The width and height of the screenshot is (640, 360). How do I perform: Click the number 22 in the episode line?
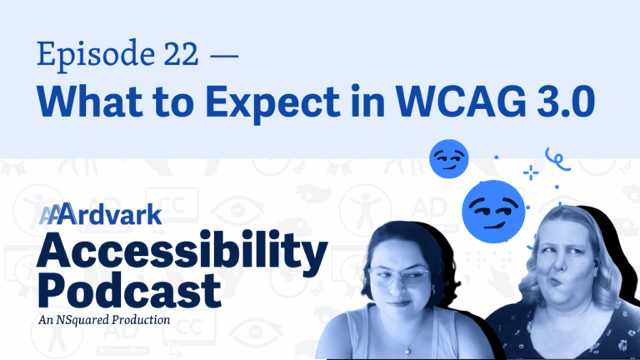181,54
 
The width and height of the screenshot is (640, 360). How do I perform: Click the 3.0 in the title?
566,101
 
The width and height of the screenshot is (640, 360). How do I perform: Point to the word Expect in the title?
272,103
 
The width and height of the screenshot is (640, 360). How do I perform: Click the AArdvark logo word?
100,214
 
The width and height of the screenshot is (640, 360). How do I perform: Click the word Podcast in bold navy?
129,290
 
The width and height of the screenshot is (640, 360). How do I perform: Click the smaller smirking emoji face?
449,159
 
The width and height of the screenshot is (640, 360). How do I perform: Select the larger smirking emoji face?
493,212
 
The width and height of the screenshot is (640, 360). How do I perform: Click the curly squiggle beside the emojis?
557,160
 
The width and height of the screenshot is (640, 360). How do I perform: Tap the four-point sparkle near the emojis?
531,173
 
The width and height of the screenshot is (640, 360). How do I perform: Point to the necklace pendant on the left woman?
407,350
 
